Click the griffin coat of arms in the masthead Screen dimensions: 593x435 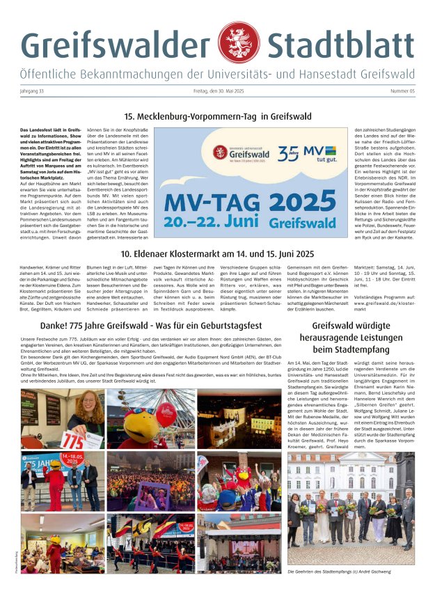(x=239, y=42)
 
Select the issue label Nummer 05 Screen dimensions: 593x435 (x=402, y=92)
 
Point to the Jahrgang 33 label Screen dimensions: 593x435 (x=34, y=92)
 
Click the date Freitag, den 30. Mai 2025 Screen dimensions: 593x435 (x=217, y=92)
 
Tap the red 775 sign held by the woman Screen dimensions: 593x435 (x=73, y=440)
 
